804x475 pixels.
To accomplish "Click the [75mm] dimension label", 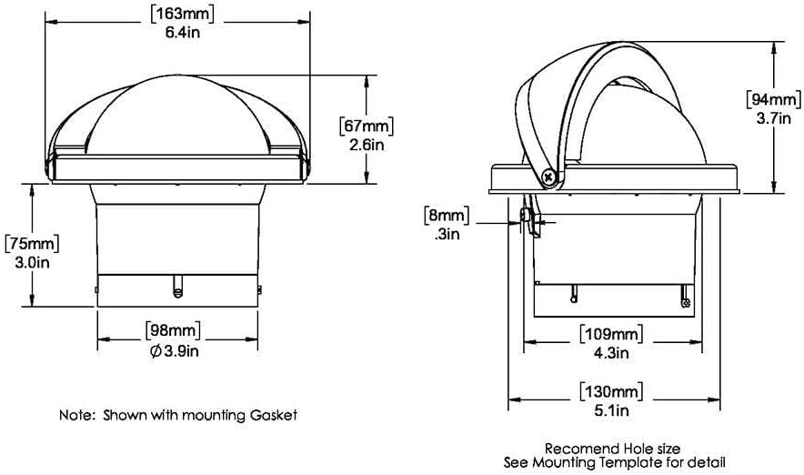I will click(x=33, y=244).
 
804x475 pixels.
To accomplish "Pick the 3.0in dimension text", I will click(x=33, y=263).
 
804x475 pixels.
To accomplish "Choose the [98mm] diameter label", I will click(x=173, y=329).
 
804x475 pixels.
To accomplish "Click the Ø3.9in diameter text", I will click(x=173, y=350).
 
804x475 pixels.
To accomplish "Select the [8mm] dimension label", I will click(x=444, y=216).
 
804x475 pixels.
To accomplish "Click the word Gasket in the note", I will click(x=273, y=415).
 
